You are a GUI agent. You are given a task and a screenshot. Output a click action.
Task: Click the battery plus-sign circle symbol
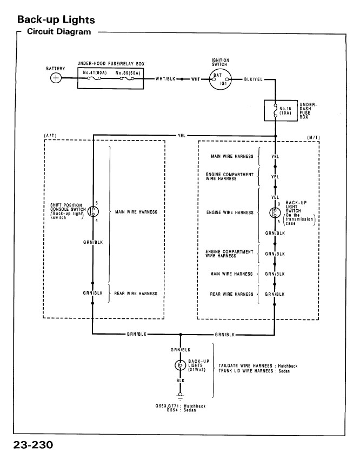(x=56, y=78)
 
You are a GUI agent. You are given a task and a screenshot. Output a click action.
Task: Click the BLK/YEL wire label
(x=254, y=79)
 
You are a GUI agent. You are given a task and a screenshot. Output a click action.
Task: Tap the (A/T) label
(x=50, y=136)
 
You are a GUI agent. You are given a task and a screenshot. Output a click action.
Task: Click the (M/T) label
(x=312, y=137)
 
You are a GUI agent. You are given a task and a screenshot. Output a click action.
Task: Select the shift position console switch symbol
(x=92, y=211)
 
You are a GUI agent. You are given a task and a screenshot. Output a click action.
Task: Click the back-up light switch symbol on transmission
(x=275, y=212)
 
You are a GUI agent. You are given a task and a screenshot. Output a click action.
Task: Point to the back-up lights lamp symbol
(x=180, y=366)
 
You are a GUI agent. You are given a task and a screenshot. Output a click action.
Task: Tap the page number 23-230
(x=34, y=446)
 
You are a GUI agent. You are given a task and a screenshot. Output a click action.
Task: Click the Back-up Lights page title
(x=56, y=19)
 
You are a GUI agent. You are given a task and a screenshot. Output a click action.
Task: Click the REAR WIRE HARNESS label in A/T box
(x=135, y=294)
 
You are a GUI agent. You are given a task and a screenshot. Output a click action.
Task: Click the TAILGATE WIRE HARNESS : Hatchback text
(x=257, y=366)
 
